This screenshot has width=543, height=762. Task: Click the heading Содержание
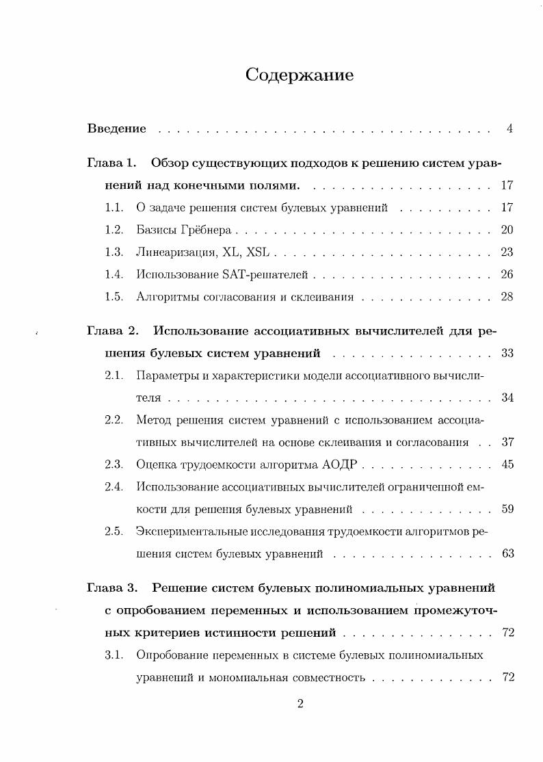(x=300, y=75)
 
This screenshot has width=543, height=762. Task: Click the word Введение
(x=117, y=129)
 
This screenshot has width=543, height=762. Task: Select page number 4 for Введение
(x=509, y=129)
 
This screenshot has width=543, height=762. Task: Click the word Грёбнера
(x=209, y=230)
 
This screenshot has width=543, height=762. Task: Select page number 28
(x=507, y=297)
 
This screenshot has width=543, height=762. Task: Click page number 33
(x=507, y=354)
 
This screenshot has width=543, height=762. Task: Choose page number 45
(x=507, y=464)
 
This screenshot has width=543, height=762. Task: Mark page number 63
(x=507, y=553)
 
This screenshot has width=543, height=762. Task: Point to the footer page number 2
(x=300, y=706)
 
